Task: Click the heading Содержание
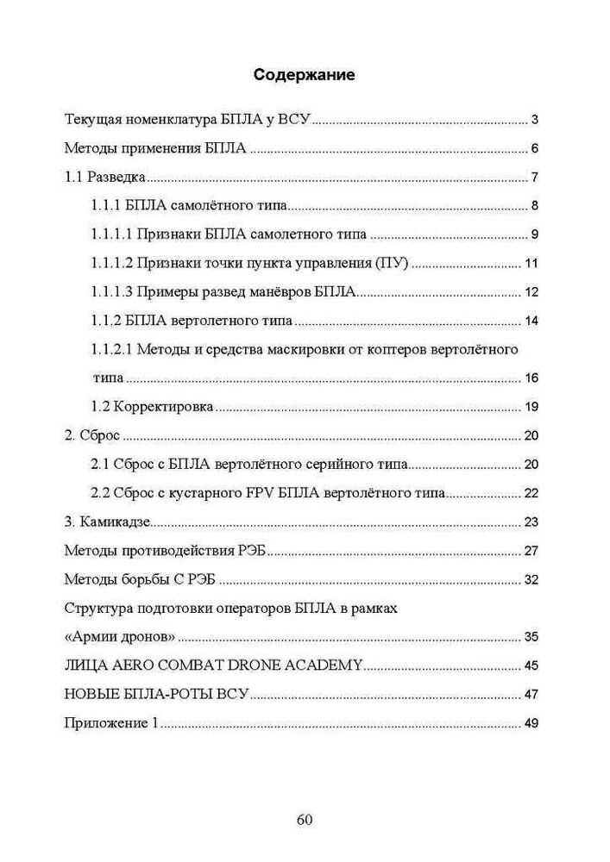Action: (x=305, y=75)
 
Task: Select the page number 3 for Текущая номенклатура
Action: (x=535, y=120)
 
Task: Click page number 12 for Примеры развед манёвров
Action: (x=531, y=292)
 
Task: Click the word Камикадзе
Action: (x=115, y=522)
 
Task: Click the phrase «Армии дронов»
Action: (x=120, y=638)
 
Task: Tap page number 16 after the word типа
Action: (x=531, y=378)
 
